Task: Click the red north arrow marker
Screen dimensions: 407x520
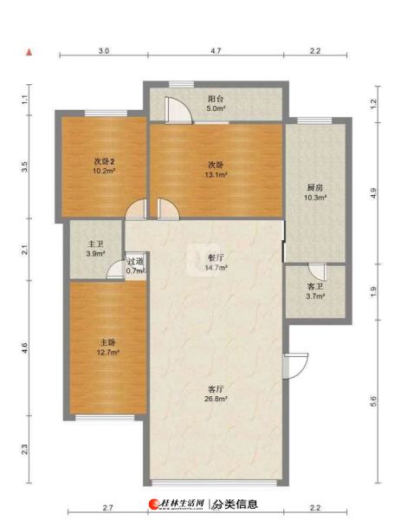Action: tap(29, 52)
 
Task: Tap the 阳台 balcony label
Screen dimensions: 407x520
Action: tap(216, 99)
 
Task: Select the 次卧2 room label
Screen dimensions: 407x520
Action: tap(105, 162)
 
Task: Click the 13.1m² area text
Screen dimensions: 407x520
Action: tap(216, 174)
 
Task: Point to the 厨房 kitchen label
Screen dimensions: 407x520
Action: tap(315, 188)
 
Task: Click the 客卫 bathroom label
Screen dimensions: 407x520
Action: tap(315, 287)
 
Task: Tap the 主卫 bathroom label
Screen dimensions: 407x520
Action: tap(96, 244)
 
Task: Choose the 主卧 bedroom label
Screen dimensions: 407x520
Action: tap(108, 342)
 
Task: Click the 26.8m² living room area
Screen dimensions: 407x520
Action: tap(216, 399)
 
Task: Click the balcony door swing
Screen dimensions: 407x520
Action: tap(178, 110)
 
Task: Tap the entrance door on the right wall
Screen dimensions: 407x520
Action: tap(295, 366)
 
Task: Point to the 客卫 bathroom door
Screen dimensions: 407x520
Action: tap(317, 271)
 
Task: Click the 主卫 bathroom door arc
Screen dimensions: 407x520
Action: tap(115, 270)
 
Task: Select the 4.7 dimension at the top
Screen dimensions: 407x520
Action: tap(216, 51)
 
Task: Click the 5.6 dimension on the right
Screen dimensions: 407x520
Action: tap(373, 401)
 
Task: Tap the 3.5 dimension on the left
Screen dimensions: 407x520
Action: tap(24, 166)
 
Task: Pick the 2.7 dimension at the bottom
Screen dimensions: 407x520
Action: tap(107, 508)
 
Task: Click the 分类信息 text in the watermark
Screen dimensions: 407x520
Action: tap(235, 504)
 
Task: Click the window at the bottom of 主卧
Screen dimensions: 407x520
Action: tap(105, 418)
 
